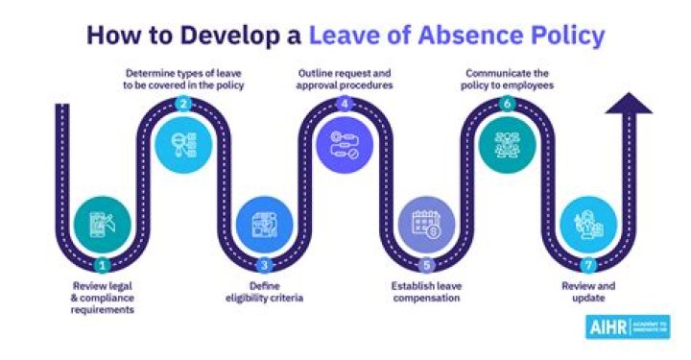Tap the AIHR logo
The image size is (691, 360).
[x=627, y=325]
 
